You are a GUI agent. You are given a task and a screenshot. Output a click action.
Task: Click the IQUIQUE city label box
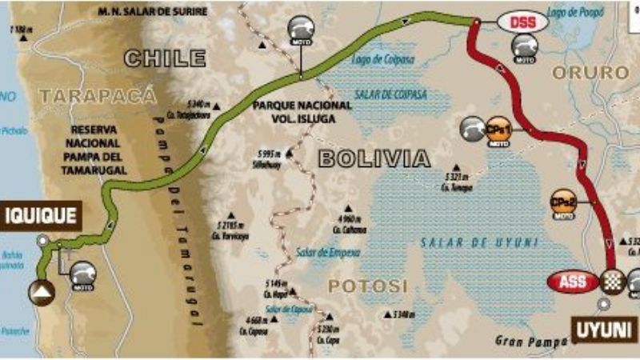[41, 215]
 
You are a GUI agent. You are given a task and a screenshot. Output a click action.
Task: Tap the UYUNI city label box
[604, 328]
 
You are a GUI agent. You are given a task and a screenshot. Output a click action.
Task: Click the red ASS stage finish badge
[573, 282]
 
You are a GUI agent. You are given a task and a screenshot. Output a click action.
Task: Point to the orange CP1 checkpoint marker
[498, 130]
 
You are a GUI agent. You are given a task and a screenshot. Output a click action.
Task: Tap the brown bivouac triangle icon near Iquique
[42, 292]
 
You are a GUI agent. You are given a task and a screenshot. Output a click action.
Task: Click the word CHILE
[165, 58]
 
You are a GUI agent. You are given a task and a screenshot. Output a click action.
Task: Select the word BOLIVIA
[374, 158]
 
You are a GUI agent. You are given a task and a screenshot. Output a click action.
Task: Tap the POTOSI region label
[367, 286]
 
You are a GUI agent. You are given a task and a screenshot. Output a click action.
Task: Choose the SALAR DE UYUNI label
[481, 241]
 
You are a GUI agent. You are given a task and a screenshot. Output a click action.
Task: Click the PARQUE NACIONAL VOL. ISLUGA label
[301, 112]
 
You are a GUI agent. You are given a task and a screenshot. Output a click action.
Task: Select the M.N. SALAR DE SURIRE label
[152, 12]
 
